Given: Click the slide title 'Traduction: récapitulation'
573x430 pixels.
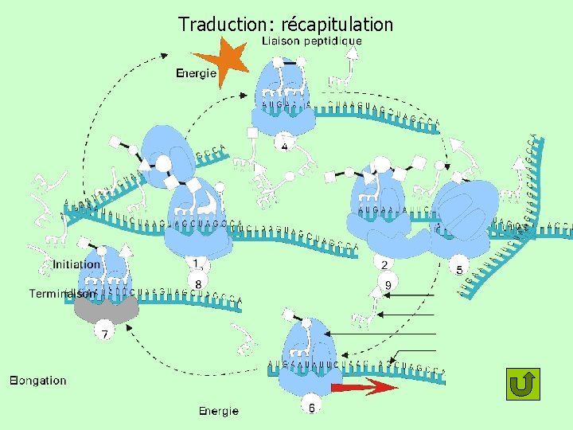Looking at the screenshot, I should click(286, 24).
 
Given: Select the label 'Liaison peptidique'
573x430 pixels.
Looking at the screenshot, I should click(312, 41).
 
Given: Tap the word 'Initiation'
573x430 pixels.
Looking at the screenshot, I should click(76, 264).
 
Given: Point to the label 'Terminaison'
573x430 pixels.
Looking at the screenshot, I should click(62, 293).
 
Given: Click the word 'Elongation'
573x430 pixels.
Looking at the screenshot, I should click(38, 380).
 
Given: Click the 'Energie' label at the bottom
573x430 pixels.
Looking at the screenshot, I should click(219, 411).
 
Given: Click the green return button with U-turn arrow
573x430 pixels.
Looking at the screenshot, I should click(523, 385).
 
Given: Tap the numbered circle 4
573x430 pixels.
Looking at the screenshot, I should click(284, 146).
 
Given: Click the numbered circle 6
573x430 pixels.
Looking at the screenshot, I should click(311, 407).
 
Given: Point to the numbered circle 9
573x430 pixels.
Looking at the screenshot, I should click(388, 284).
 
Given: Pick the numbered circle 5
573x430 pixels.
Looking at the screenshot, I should click(459, 269).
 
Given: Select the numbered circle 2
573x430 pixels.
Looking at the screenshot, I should click(384, 264).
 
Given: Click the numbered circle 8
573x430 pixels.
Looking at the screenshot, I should click(197, 282).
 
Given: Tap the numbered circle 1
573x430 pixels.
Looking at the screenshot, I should click(196, 262).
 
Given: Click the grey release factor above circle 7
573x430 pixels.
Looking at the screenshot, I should click(105, 307).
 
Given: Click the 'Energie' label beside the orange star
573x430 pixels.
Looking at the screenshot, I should click(196, 73).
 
